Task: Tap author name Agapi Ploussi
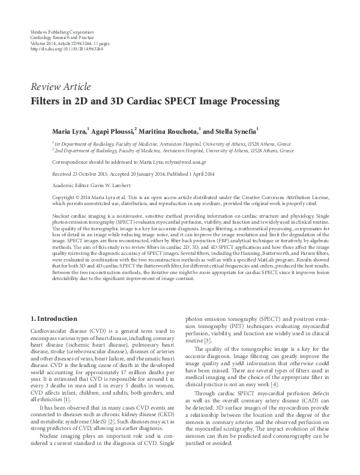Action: pos(111,130)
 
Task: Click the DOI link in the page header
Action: pos(66,48)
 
